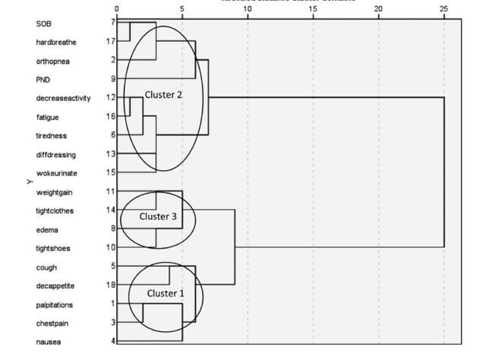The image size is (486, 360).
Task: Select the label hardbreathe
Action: pyautogui.click(x=53, y=42)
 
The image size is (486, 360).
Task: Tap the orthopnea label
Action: pyautogui.click(x=52, y=61)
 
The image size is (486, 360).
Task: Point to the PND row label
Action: pyautogui.click(x=43, y=79)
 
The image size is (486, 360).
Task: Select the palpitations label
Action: pyautogui.click(x=55, y=305)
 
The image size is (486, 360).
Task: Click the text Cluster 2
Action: pyautogui.click(x=164, y=94)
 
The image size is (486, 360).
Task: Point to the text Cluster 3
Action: pyautogui.click(x=158, y=216)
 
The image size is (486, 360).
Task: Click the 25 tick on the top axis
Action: pyautogui.click(x=444, y=9)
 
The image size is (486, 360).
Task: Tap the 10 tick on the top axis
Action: pyautogui.click(x=248, y=9)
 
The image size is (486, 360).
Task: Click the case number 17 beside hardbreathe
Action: pyautogui.click(x=111, y=41)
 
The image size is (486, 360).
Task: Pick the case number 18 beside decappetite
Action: pyautogui.click(x=111, y=286)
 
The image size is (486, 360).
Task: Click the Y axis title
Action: pyautogui.click(x=26, y=182)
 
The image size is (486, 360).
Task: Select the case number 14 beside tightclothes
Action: pyautogui.click(x=111, y=210)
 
